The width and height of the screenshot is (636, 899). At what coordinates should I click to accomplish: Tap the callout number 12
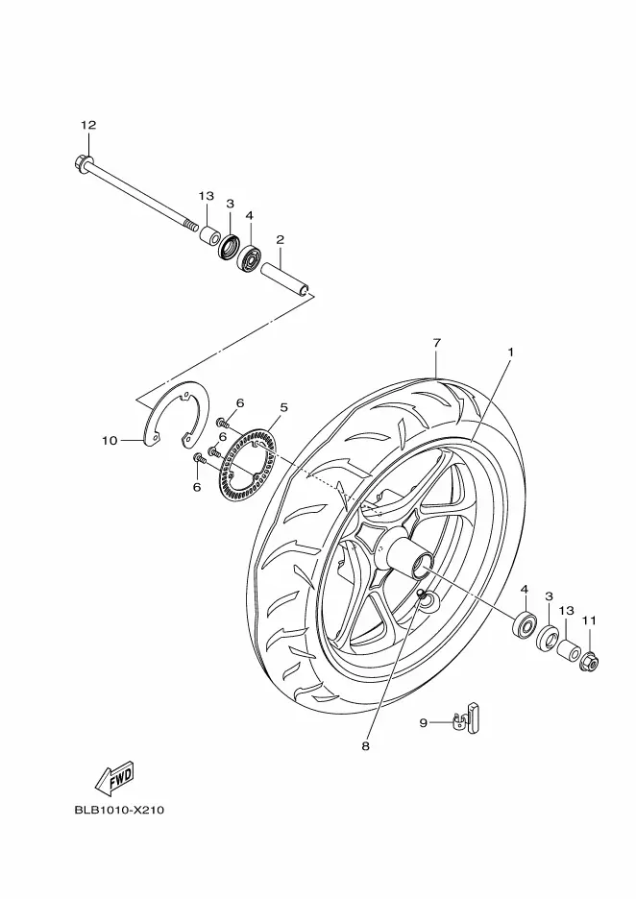tap(88, 125)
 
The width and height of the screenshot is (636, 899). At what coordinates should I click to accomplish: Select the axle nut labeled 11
tap(590, 662)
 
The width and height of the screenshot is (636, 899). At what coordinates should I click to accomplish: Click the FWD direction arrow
tap(114, 779)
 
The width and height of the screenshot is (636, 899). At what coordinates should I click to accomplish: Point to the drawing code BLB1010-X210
tap(119, 810)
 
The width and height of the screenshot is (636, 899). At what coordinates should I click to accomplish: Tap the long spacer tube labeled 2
tap(285, 279)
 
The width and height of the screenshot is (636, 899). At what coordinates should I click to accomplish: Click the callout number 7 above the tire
tap(437, 343)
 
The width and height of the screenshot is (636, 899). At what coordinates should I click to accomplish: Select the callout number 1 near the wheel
tap(510, 352)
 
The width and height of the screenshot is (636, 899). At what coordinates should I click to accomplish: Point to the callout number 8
tap(366, 746)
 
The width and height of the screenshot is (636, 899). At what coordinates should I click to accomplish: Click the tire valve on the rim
tap(426, 596)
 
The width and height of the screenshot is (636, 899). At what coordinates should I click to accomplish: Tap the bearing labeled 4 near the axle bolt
tap(249, 257)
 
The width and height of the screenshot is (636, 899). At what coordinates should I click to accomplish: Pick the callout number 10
tap(110, 440)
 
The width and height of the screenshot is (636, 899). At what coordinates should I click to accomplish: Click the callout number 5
tap(283, 407)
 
